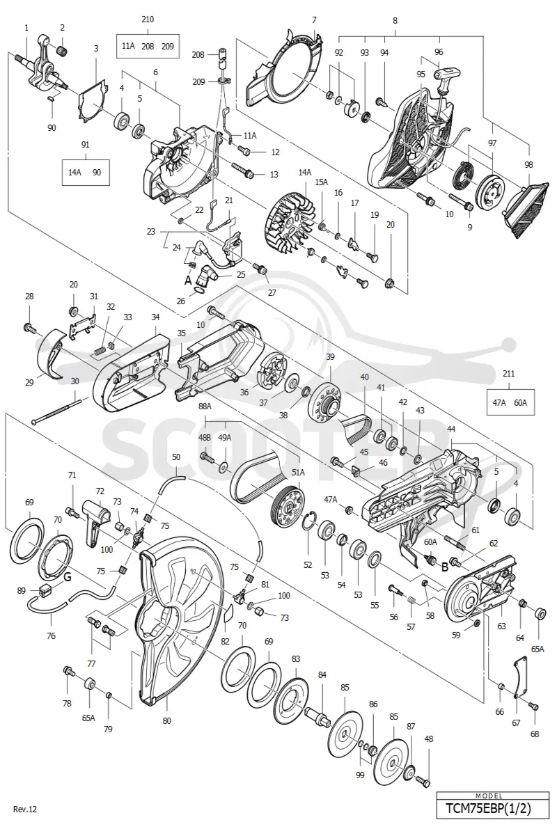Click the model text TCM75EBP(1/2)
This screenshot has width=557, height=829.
(x=488, y=808)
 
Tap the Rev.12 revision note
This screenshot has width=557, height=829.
(x=25, y=808)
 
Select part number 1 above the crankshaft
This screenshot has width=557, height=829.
(x=26, y=27)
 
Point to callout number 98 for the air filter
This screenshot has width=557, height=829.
(x=528, y=164)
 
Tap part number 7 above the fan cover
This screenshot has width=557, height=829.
(x=314, y=20)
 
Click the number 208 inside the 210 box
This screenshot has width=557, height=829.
(x=148, y=46)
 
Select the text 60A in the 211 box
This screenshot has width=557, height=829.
(x=521, y=402)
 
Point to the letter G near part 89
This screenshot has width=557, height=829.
(x=68, y=577)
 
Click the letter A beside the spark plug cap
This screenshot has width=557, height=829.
(x=188, y=281)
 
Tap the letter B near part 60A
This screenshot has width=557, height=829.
(x=445, y=568)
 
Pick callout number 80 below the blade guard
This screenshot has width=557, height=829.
(x=166, y=720)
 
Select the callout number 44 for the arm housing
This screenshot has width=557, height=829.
(x=451, y=429)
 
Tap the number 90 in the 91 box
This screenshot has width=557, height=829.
(x=97, y=173)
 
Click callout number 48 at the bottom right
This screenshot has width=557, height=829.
(x=428, y=739)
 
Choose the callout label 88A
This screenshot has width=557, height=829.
(x=205, y=406)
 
